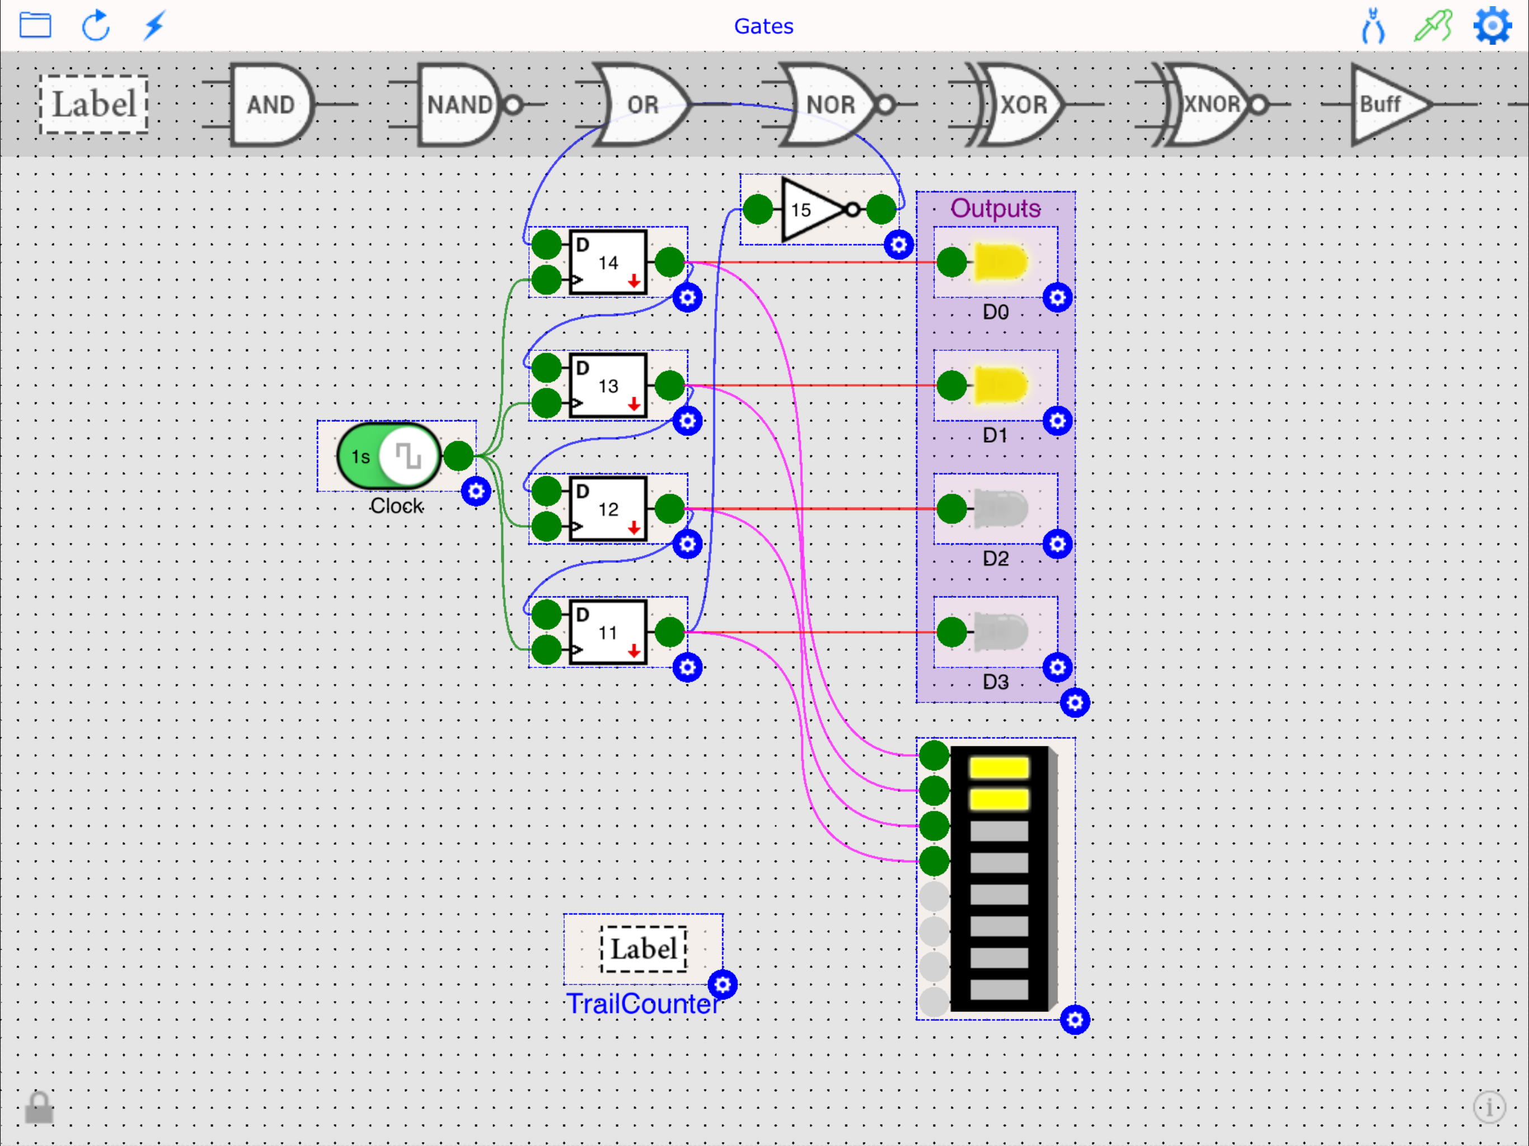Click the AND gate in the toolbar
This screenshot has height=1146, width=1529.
coord(271,105)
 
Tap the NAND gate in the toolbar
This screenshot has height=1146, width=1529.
coord(459,105)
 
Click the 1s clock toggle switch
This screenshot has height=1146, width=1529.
coord(388,456)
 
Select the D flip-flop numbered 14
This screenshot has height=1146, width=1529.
coord(608,262)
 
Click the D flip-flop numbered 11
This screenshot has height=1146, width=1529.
coord(608,632)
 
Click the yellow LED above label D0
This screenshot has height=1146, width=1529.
coord(1000,262)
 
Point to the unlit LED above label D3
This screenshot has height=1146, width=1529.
coord(1000,632)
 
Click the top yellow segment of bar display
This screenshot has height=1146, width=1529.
coord(999,767)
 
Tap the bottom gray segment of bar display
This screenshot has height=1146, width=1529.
coord(999,990)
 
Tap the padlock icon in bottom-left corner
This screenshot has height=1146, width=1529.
coord(39,1108)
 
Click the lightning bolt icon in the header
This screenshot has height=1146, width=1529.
coord(155,26)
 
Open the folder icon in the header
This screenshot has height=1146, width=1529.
coord(35,26)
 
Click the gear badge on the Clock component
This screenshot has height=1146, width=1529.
coord(476,491)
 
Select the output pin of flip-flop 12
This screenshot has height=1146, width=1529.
coord(669,509)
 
